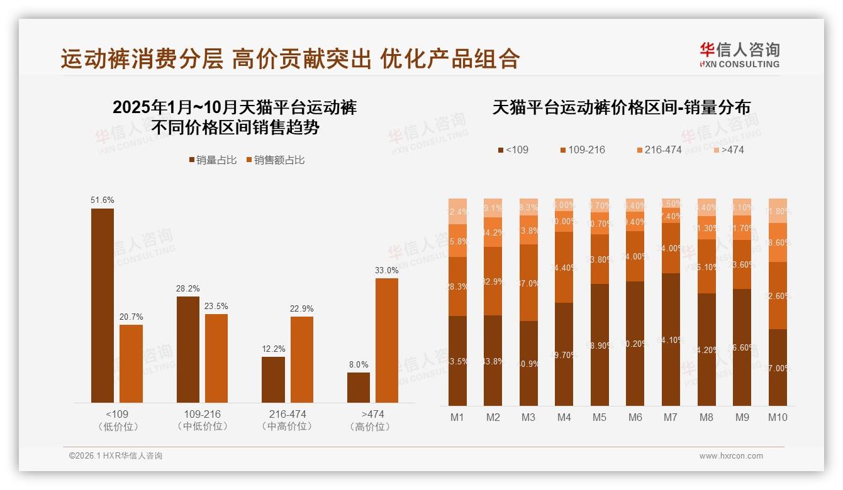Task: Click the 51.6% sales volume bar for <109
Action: pos(103,305)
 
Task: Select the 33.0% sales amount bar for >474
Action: pos(387,340)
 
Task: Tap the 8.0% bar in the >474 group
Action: pos(359,387)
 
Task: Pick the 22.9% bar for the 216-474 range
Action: pos(302,359)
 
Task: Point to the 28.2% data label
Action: pos(188,289)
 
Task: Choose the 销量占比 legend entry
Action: pos(213,160)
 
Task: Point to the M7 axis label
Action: pos(671,417)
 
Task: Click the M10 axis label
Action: pos(778,417)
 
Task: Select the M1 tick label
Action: pos(457,417)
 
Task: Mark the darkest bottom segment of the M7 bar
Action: pos(671,339)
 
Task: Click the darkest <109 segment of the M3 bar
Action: pos(528,363)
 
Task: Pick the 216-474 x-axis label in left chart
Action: pos(288,415)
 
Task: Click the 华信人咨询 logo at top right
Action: pos(739,55)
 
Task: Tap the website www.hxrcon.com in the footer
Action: pos(731,456)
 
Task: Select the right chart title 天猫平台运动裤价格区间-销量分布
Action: pos(621,107)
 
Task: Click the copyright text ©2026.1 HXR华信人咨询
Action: pos(116,456)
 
